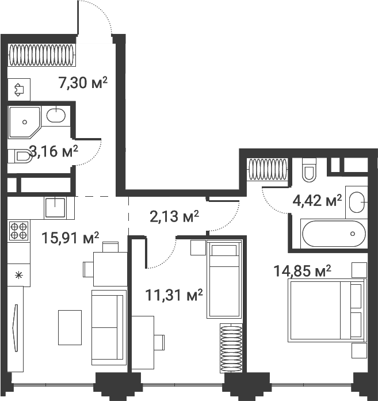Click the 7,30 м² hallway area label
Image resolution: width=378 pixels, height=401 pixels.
[x=83, y=83]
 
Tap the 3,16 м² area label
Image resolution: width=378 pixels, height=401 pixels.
[x=54, y=152]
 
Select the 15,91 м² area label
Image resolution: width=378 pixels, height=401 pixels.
[x=71, y=238]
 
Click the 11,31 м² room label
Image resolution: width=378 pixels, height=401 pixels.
[x=174, y=296]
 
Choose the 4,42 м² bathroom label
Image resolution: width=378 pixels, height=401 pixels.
[x=317, y=201]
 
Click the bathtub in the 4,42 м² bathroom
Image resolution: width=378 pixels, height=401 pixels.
[x=333, y=234]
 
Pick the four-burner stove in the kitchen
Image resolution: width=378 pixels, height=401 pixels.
[x=18, y=230]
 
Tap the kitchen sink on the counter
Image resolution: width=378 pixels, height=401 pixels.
[x=55, y=206]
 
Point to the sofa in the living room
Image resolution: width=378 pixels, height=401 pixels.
[x=109, y=327]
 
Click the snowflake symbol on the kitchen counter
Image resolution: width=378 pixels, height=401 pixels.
[x=18, y=274]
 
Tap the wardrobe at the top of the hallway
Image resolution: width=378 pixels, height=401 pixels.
[x=41, y=56]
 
